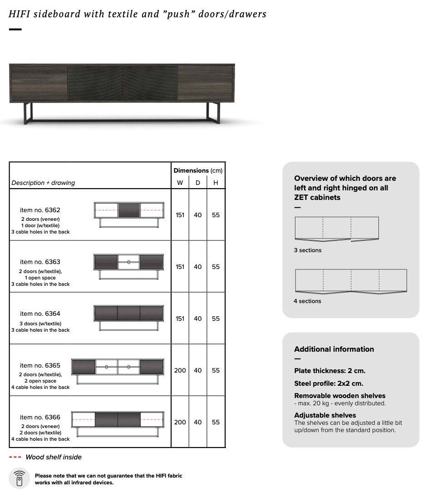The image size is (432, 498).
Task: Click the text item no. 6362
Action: click(40, 210)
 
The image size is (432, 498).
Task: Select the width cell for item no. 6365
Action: click(180, 370)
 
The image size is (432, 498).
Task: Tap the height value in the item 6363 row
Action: click(216, 267)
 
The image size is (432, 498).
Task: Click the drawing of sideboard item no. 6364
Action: click(128, 318)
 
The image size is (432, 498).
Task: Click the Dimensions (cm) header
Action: click(198, 170)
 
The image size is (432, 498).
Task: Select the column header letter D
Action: click(198, 183)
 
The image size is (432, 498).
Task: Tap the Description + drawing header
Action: click(43, 183)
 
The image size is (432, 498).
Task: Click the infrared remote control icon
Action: click(20, 478)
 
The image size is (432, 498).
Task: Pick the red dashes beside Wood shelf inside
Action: click(15, 457)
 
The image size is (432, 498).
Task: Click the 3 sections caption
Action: click(307, 250)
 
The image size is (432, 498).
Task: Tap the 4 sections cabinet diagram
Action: click(351, 281)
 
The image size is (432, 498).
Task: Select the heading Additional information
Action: click(334, 349)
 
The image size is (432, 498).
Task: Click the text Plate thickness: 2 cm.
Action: click(329, 371)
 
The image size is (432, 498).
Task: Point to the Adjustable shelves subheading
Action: click(325, 415)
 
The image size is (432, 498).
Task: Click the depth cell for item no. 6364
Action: click(198, 319)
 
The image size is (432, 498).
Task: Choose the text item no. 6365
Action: click(40, 365)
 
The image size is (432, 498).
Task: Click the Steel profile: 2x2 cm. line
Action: click(329, 383)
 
